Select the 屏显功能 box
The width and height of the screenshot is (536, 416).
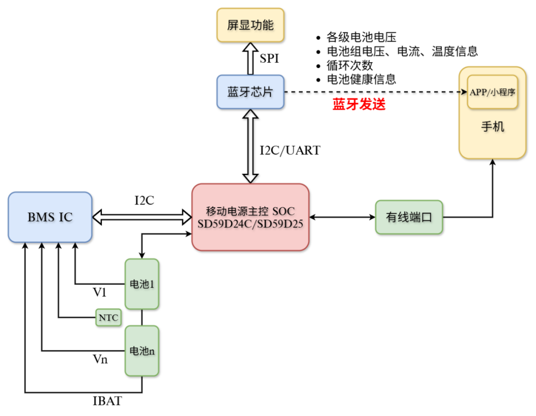pyautogui.click(x=250, y=25)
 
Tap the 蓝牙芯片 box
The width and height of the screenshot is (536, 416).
pyautogui.click(x=250, y=92)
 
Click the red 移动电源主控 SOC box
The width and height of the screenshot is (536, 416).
pyautogui.click(x=250, y=217)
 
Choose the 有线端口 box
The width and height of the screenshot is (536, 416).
pyautogui.click(x=409, y=217)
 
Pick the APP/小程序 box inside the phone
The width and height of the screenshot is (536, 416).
pyautogui.click(x=492, y=92)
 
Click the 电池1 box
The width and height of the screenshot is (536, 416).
pyautogui.click(x=142, y=284)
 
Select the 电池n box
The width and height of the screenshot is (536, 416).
pyautogui.click(x=142, y=350)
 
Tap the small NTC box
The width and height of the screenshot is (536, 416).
pyautogui.click(x=108, y=318)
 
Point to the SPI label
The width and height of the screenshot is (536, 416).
pyautogui.click(x=269, y=59)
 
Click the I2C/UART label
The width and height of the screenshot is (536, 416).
pyautogui.click(x=290, y=150)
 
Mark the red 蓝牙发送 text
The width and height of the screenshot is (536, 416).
pyautogui.click(x=359, y=105)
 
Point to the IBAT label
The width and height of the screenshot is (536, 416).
pyautogui.click(x=107, y=401)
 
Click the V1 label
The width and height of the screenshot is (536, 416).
pyautogui.click(x=100, y=293)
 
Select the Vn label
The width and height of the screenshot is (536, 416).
pyautogui.click(x=100, y=359)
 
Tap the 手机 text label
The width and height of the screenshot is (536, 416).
pyautogui.click(x=492, y=127)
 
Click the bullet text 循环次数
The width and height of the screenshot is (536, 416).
pyautogui.click(x=350, y=65)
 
